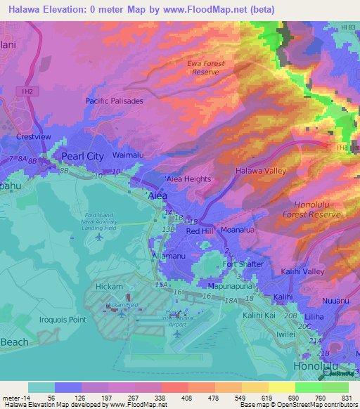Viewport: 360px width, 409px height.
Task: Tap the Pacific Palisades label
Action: (114, 101)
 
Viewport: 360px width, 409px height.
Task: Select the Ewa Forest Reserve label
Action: (206, 67)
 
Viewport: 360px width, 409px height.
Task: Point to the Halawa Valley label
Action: (261, 171)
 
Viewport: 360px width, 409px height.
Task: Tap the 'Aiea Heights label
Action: (188, 179)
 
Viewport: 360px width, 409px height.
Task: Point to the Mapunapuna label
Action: (231, 287)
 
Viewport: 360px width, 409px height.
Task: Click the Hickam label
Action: (110, 287)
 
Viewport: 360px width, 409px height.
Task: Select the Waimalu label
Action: (128, 154)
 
